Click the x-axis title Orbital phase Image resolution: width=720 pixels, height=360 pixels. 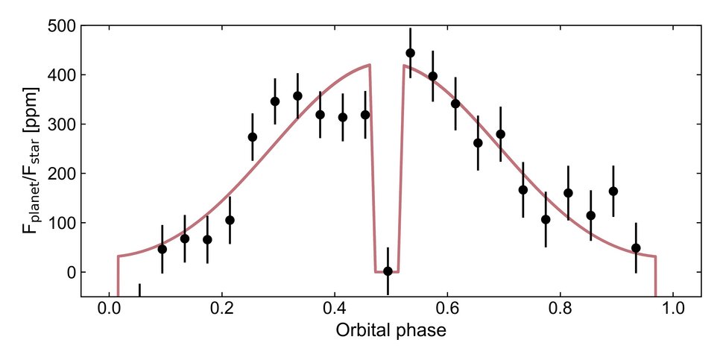pos(391,330)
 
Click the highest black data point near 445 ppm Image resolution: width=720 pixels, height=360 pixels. pos(410,53)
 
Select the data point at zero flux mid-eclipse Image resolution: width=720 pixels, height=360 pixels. pos(388,271)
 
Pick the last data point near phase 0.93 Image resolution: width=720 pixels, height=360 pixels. pos(636,247)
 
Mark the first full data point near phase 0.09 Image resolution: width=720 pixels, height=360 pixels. pos(162,249)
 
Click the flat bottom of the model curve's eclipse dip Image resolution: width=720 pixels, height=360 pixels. pos(387,273)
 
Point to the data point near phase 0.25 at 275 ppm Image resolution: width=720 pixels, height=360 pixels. pos(253,137)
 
